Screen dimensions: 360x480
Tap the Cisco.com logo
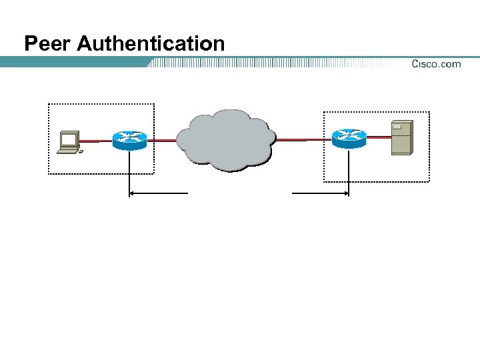[435, 64]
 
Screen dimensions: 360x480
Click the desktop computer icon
[69, 142]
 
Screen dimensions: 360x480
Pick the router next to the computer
[129, 139]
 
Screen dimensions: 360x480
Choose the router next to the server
[349, 138]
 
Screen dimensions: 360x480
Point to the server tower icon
[402, 137]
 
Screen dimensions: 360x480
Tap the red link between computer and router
[96, 141]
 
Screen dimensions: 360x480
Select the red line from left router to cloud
[162, 141]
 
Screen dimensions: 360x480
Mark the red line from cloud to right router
[303, 140]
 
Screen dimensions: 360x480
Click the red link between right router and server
[379, 137]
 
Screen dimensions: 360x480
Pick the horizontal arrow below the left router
[159, 193]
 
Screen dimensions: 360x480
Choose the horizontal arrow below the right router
[320, 193]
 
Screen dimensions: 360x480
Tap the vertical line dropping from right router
[349, 172]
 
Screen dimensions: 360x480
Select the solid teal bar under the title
[73, 62]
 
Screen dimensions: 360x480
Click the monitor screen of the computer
[68, 139]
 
